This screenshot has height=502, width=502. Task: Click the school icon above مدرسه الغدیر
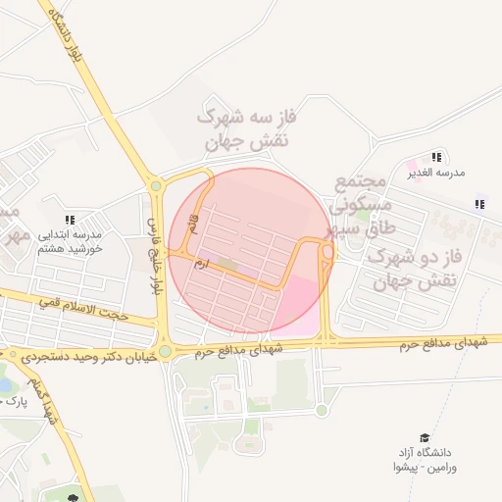[436, 157]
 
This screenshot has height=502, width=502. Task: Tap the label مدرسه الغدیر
[436, 173]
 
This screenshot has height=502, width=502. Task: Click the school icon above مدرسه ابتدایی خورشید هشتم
[68, 221]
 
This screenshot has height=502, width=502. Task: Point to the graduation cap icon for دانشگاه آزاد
[425, 438]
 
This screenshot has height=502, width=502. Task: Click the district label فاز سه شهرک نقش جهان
[246, 129]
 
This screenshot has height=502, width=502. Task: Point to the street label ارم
[201, 263]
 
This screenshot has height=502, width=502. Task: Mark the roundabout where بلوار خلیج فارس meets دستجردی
[165, 351]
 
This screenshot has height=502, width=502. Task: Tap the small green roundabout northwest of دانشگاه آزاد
[322, 410]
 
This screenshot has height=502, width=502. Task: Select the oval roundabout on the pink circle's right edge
[327, 253]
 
